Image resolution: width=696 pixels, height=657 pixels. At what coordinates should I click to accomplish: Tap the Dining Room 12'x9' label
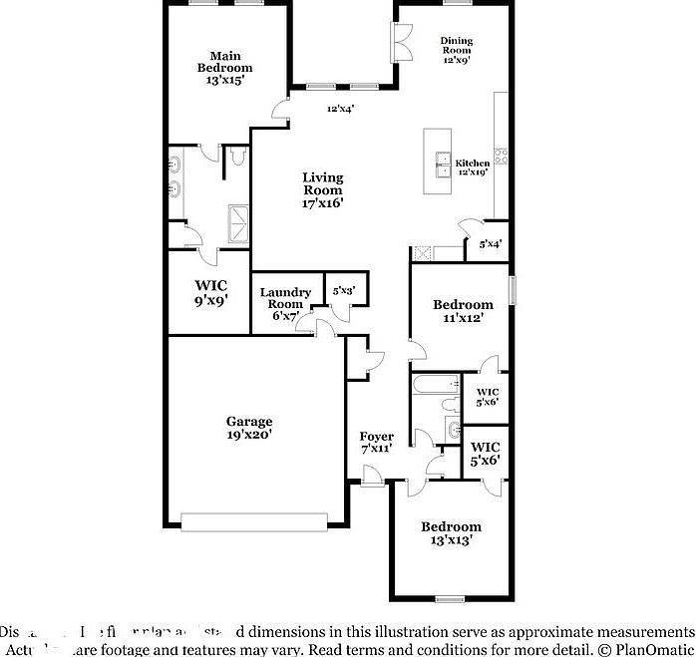(456, 50)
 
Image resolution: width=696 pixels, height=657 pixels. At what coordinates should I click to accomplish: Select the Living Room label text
(323, 189)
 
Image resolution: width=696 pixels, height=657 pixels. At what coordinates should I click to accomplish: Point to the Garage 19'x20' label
(249, 428)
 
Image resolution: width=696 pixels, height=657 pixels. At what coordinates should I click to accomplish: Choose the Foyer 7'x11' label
(376, 443)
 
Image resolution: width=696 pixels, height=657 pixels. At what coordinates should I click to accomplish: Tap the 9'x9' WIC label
(210, 292)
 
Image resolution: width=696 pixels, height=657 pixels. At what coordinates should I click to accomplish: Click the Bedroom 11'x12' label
(462, 311)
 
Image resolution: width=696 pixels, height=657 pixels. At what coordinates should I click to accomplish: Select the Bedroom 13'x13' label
(451, 533)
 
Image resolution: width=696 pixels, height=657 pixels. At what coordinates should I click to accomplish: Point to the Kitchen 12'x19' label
(473, 167)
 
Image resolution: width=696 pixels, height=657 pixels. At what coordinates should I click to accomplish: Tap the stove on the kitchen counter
(502, 156)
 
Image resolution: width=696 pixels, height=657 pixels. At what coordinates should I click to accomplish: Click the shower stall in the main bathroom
(240, 220)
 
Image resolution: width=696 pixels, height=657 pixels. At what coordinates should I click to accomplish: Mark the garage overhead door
(254, 520)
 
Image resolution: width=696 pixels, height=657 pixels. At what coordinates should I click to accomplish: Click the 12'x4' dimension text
(341, 110)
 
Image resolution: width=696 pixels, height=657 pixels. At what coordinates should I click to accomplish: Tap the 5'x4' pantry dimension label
(490, 243)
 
